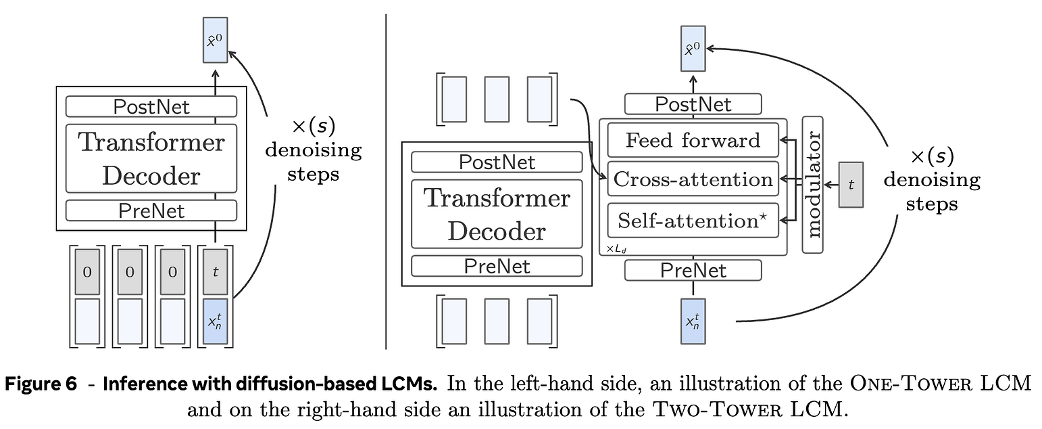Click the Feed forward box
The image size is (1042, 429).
tap(693, 141)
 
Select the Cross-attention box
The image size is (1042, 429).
tap(693, 179)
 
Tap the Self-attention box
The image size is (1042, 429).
tap(693, 221)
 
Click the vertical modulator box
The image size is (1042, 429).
tap(812, 185)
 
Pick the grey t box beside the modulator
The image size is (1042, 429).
tap(851, 185)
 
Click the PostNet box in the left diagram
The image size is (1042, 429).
tap(151, 107)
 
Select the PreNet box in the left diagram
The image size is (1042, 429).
tap(151, 210)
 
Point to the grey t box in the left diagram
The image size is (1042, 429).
tap(215, 271)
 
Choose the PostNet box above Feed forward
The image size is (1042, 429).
tap(693, 104)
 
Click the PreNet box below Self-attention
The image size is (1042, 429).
tap(693, 270)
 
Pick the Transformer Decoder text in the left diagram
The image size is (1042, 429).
tap(151, 159)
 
